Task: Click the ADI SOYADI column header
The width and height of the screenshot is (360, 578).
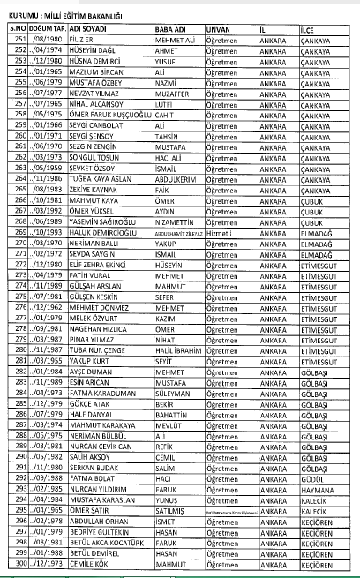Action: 76,29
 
